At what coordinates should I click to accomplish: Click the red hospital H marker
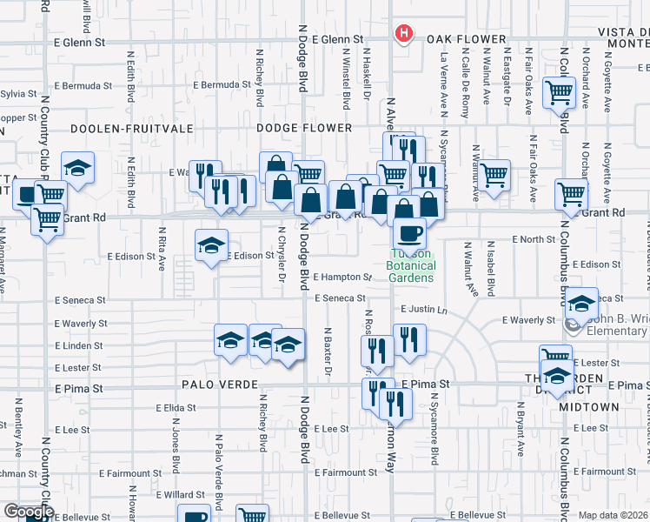403,34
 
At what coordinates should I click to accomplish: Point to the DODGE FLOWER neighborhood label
304,128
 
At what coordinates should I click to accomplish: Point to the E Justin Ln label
423,309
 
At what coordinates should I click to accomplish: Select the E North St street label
533,238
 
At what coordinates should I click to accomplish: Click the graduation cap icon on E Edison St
211,245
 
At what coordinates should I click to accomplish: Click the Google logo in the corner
28,512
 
